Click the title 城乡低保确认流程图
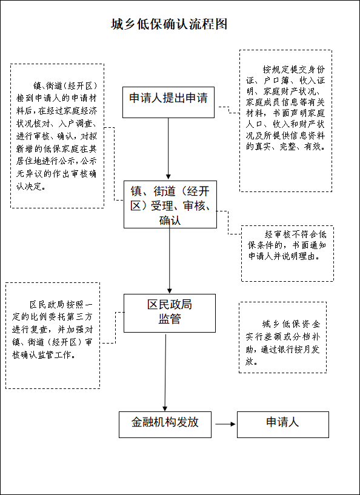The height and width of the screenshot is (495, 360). (x=169, y=24)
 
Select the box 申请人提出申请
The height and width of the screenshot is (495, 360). (x=168, y=102)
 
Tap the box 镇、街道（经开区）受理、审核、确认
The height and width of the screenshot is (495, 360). (x=170, y=204)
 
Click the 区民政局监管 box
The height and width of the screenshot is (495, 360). (x=170, y=313)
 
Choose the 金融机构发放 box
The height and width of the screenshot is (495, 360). (x=165, y=424)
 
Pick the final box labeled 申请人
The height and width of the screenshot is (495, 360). (x=283, y=424)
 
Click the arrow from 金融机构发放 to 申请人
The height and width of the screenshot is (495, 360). (x=225, y=424)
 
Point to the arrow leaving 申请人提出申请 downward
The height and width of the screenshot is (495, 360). (x=168, y=148)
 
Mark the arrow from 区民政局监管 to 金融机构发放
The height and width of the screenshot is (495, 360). (x=165, y=373)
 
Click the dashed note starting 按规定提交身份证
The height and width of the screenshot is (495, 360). (x=285, y=121)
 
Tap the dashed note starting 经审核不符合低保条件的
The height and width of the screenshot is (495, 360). (x=287, y=253)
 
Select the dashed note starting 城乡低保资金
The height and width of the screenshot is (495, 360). (x=282, y=337)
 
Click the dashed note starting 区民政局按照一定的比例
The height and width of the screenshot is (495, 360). (x=53, y=335)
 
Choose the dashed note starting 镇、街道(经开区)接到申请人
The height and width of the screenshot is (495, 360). (x=57, y=136)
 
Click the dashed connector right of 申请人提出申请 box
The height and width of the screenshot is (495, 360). (x=229, y=110)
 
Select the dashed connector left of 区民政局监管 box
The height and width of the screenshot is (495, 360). (x=115, y=328)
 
